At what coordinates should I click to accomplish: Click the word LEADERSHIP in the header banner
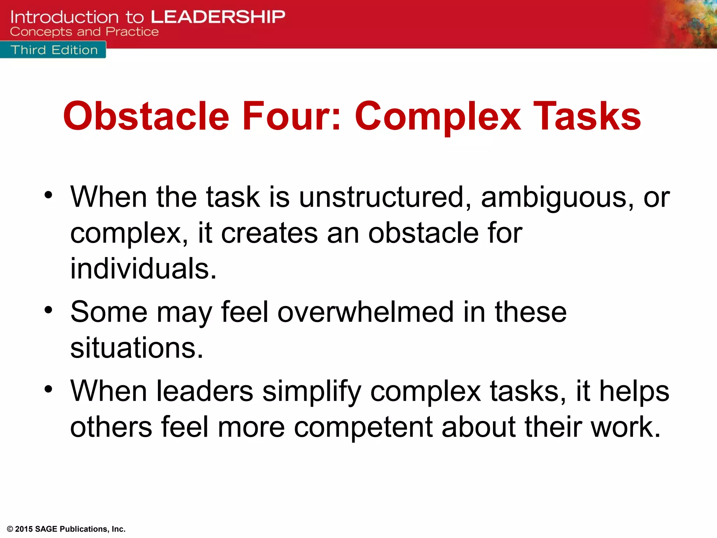coord(218,17)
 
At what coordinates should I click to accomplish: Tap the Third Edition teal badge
coord(53,50)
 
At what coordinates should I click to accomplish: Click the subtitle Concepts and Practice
coord(84,32)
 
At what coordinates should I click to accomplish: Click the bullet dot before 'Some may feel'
coord(48,310)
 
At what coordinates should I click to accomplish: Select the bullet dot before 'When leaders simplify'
coord(48,389)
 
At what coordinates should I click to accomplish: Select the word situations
coord(137,348)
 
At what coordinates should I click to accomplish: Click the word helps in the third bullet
coord(634,392)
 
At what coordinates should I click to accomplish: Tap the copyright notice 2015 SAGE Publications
coord(67,529)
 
